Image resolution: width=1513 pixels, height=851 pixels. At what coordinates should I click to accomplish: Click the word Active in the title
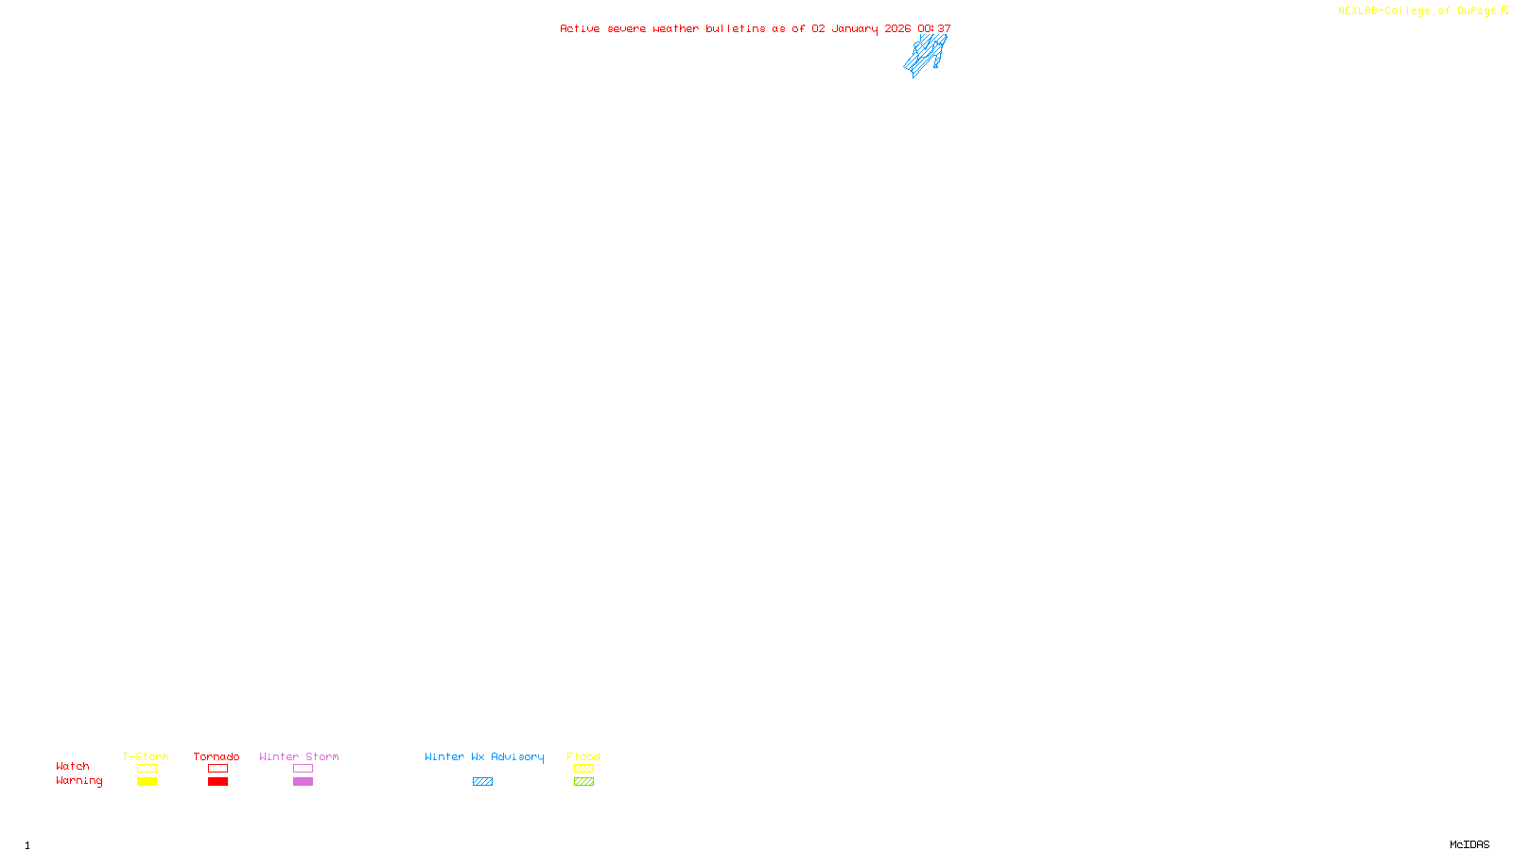click(579, 29)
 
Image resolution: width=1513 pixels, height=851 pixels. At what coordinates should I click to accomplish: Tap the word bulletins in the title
click(735, 29)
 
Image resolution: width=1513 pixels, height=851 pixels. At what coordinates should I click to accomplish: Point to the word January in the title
click(854, 29)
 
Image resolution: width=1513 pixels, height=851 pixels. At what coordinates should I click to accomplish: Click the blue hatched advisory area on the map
click(925, 55)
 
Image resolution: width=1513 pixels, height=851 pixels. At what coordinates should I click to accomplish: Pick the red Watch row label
click(73, 767)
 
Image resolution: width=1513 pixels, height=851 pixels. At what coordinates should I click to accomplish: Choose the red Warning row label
click(78, 781)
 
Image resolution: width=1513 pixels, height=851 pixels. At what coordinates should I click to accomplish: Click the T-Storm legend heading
click(146, 757)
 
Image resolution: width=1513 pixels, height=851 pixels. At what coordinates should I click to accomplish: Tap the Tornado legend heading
click(217, 757)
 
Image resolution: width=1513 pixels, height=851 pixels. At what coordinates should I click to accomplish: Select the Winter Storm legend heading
click(299, 757)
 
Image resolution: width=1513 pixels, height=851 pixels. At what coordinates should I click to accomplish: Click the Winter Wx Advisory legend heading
click(484, 757)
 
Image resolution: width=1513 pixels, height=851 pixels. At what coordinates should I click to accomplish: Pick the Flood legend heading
click(583, 757)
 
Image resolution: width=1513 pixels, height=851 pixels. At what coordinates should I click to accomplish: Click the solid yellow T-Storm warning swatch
click(147, 782)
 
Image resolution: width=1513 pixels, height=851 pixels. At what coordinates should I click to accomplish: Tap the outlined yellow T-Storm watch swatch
click(147, 769)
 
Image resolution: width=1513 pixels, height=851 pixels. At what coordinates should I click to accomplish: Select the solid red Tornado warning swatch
click(217, 782)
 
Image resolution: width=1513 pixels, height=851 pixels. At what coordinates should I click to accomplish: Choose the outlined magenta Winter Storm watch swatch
click(303, 769)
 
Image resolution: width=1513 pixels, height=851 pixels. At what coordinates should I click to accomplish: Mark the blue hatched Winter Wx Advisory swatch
click(482, 782)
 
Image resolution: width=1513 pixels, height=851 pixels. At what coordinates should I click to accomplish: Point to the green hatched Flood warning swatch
click(583, 782)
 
